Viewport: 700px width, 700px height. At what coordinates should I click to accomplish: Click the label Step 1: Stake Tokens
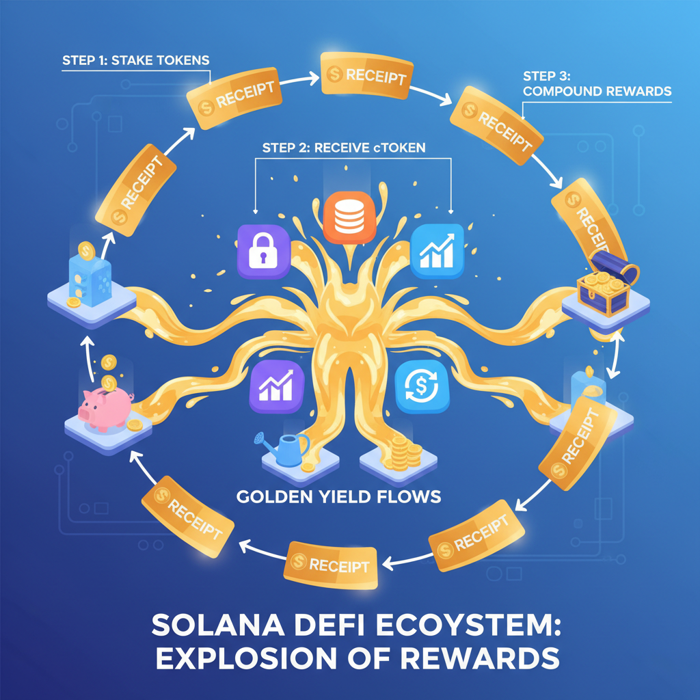135,59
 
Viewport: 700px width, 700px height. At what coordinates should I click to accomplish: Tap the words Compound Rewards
596,91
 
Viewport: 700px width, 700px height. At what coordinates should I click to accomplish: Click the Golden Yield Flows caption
338,496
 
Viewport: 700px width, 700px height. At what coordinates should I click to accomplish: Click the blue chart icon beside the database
437,249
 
